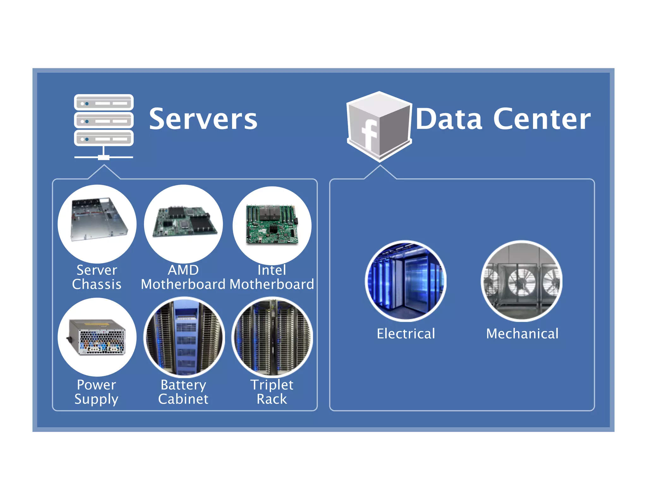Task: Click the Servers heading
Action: (203, 119)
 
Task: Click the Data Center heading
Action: (503, 119)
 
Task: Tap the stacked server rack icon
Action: (104, 126)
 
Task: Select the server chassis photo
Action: (97, 224)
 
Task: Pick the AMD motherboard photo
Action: (184, 224)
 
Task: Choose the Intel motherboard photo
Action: (272, 225)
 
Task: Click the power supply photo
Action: (97, 337)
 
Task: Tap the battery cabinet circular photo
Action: (184, 337)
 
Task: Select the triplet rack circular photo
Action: (272, 337)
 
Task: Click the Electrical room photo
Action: (406, 281)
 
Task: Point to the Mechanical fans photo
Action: (522, 281)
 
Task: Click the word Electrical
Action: (406, 334)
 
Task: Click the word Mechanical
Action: (522, 334)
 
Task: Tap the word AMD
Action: (183, 270)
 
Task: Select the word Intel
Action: (272, 270)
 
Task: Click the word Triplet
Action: (272, 385)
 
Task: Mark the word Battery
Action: (183, 385)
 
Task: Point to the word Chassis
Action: (97, 284)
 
